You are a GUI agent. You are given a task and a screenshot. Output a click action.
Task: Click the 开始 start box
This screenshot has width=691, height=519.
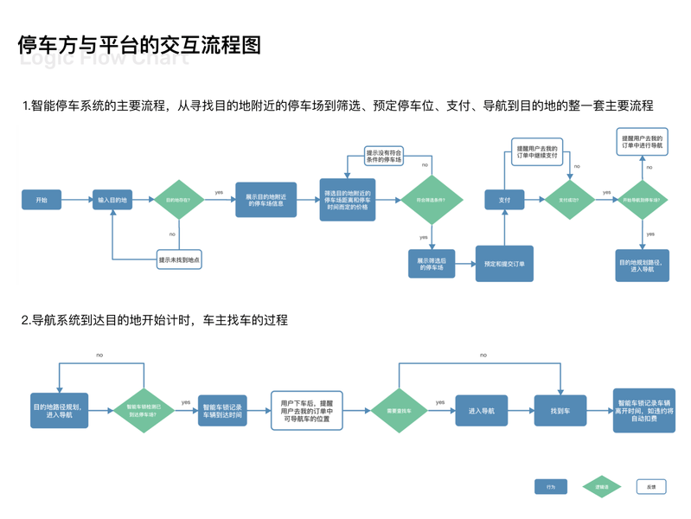[x=42, y=200]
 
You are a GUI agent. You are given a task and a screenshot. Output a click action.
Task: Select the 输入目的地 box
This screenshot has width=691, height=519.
[x=112, y=200]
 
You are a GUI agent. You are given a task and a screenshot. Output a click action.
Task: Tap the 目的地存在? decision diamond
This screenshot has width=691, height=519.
[x=179, y=200]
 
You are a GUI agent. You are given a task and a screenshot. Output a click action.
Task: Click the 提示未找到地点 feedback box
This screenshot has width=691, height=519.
[x=179, y=259]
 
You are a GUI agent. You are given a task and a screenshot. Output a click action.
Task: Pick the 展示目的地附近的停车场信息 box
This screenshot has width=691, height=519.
[x=266, y=200]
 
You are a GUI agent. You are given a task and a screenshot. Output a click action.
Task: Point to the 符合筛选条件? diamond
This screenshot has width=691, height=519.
[x=430, y=200]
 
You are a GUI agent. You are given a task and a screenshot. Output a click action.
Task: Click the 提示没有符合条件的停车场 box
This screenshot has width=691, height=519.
[x=383, y=156]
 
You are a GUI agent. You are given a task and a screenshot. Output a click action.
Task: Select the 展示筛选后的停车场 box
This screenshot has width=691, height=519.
[x=432, y=264]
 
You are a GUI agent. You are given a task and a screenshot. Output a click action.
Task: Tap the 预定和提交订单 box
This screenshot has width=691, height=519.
[x=504, y=264]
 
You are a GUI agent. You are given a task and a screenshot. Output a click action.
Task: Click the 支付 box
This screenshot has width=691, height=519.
[x=504, y=200]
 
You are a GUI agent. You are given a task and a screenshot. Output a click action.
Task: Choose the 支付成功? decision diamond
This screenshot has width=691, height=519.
[x=569, y=200]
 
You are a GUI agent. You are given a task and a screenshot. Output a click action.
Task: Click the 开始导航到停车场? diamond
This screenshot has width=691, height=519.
[x=642, y=200]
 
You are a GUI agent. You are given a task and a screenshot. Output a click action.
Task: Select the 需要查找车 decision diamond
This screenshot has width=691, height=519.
[x=399, y=411]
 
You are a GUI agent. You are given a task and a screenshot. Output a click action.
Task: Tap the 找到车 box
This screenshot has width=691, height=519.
[x=560, y=411]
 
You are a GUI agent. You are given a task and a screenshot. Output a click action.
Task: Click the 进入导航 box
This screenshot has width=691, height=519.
[x=481, y=411]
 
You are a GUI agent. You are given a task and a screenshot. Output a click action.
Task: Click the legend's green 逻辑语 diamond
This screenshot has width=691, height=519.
[x=601, y=487]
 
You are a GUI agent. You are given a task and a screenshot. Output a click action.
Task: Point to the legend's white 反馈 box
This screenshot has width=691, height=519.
[x=651, y=487]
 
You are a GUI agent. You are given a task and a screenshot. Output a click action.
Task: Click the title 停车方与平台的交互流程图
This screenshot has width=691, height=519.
[x=139, y=45]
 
